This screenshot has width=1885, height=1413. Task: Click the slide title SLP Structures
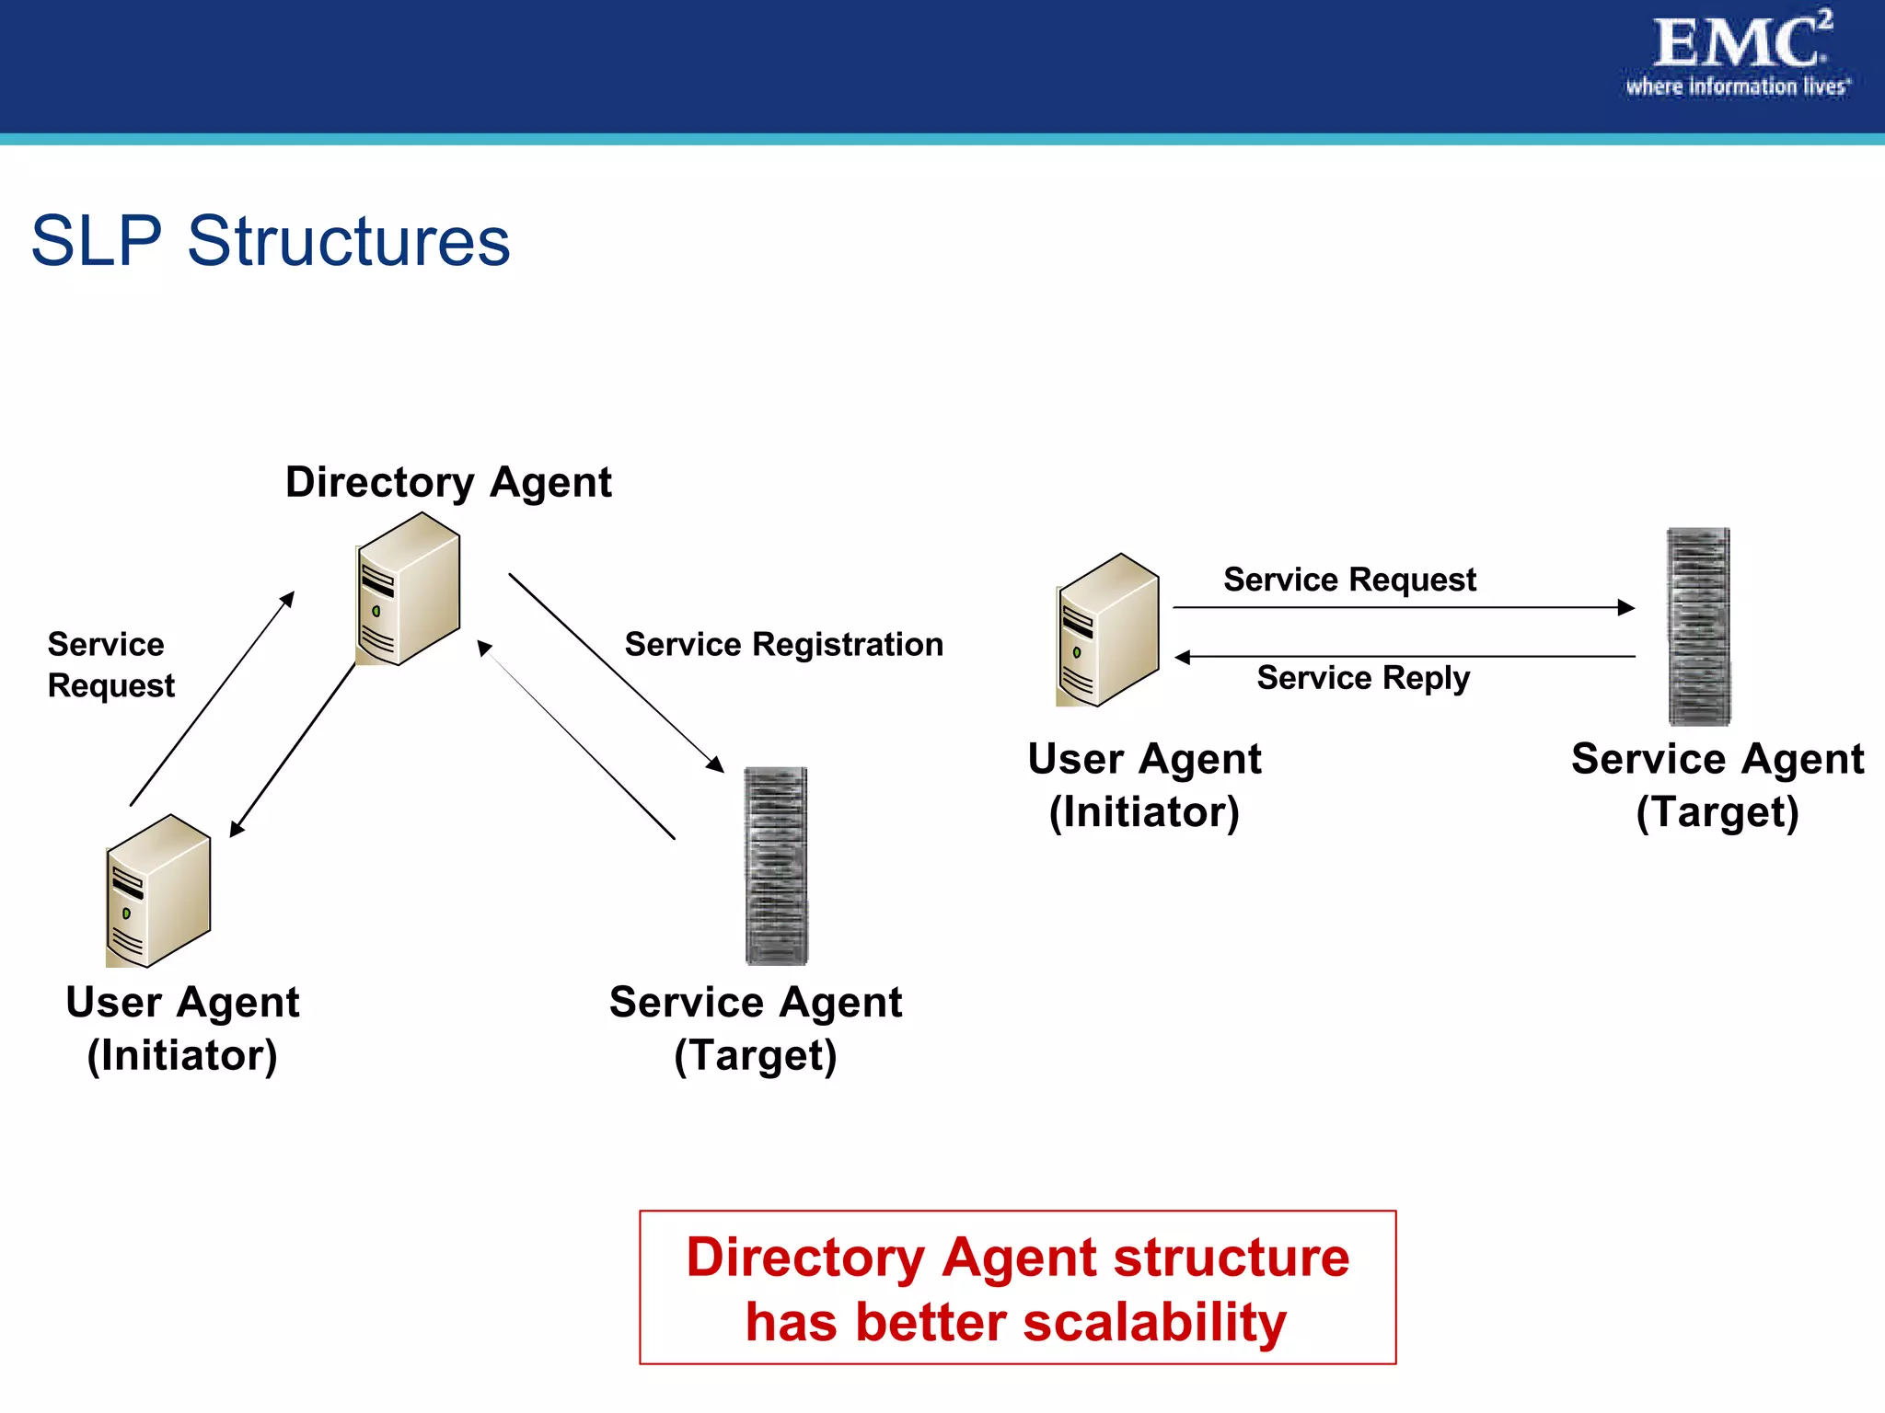(x=271, y=241)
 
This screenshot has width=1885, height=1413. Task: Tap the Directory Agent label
(x=448, y=482)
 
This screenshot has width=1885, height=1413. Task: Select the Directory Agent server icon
(x=409, y=589)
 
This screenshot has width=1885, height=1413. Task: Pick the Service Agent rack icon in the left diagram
(x=776, y=866)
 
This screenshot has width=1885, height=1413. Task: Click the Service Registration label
(x=783, y=644)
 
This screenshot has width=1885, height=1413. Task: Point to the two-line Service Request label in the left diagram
(x=110, y=664)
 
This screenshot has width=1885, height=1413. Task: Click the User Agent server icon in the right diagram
(x=1107, y=630)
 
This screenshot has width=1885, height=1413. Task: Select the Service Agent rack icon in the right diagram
(x=1699, y=626)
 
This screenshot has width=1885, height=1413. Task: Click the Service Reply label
(x=1363, y=678)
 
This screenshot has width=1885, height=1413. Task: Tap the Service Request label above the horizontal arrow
(x=1349, y=580)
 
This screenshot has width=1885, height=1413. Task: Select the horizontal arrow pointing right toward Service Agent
(x=1403, y=607)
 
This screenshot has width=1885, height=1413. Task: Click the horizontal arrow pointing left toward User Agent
(x=1405, y=657)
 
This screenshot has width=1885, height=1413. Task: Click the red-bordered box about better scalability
(x=1017, y=1287)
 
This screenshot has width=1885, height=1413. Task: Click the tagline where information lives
(x=1737, y=87)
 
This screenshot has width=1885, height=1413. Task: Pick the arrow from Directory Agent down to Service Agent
(x=616, y=672)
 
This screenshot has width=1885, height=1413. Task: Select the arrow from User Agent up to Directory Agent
(x=212, y=699)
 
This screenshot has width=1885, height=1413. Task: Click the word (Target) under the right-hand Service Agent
(x=1717, y=812)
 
